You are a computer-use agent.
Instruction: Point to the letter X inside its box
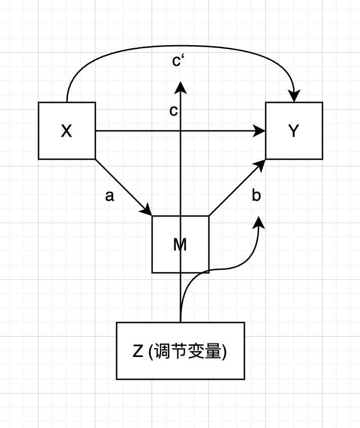pos(66,131)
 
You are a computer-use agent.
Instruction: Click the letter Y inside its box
pos(294,131)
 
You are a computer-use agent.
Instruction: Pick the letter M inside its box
pos(180,245)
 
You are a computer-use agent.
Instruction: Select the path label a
pos(110,196)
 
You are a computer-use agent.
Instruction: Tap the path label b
pos(256,196)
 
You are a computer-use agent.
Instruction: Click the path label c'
pos(177,61)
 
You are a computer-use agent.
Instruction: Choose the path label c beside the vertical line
pos(173,112)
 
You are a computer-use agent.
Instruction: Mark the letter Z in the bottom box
pos(137,351)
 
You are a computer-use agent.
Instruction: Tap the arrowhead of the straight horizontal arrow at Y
pos(262,131)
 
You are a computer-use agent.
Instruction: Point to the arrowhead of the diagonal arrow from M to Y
pos(262,163)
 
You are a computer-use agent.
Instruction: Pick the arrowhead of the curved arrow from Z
pos(260,223)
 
